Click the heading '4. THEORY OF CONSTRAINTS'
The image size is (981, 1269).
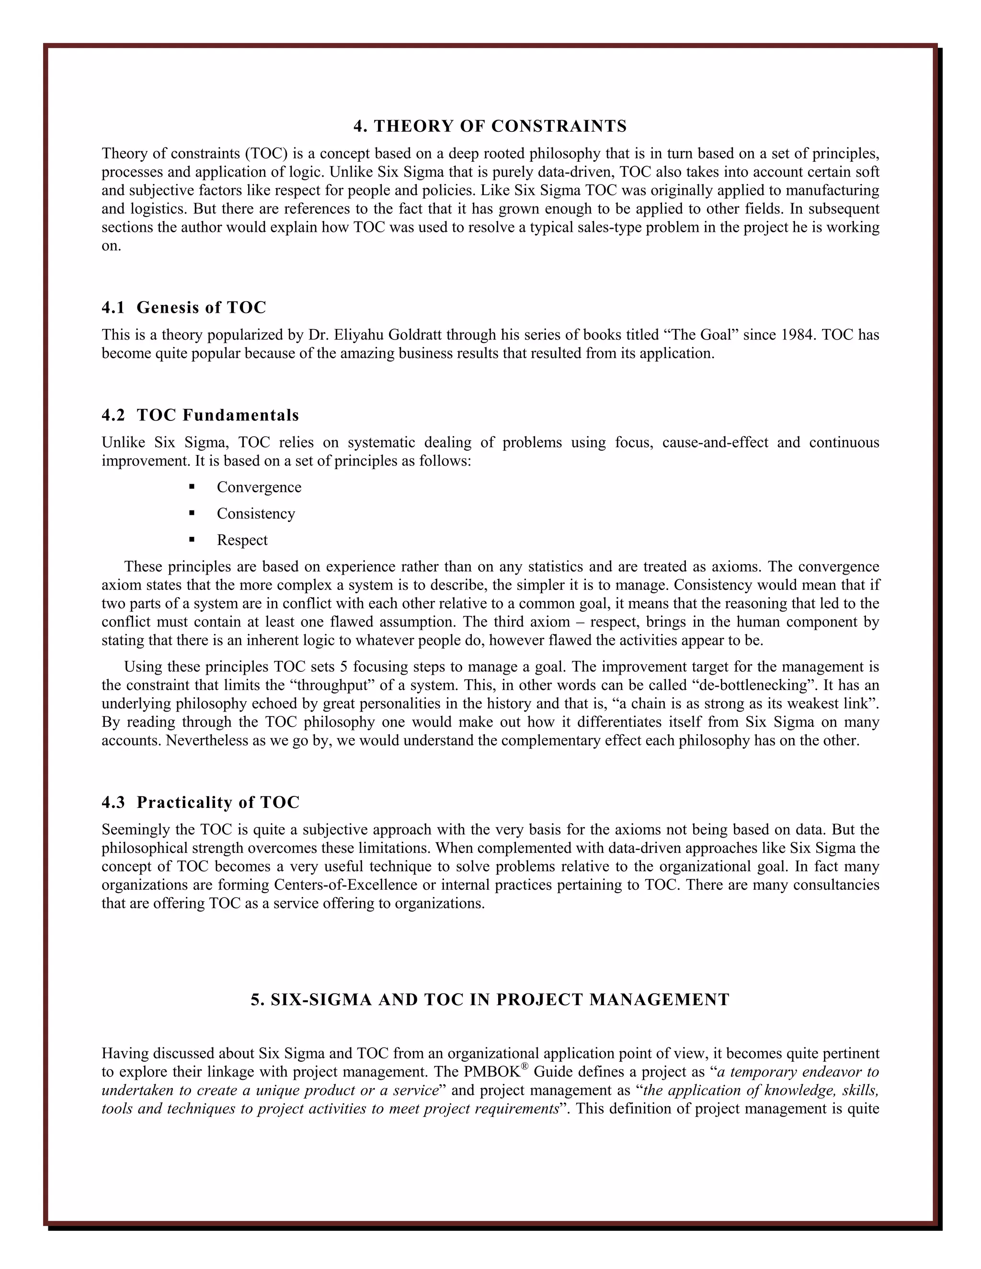click(x=490, y=126)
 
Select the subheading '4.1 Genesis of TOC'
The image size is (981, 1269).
click(x=183, y=307)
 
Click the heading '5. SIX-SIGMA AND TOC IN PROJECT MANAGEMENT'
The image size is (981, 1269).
click(x=490, y=999)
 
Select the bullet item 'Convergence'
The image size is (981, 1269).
click(x=259, y=487)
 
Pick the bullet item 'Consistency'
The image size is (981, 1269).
click(x=256, y=514)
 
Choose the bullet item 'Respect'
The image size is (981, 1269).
click(x=242, y=540)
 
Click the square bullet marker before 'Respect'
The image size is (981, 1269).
click(x=192, y=540)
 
